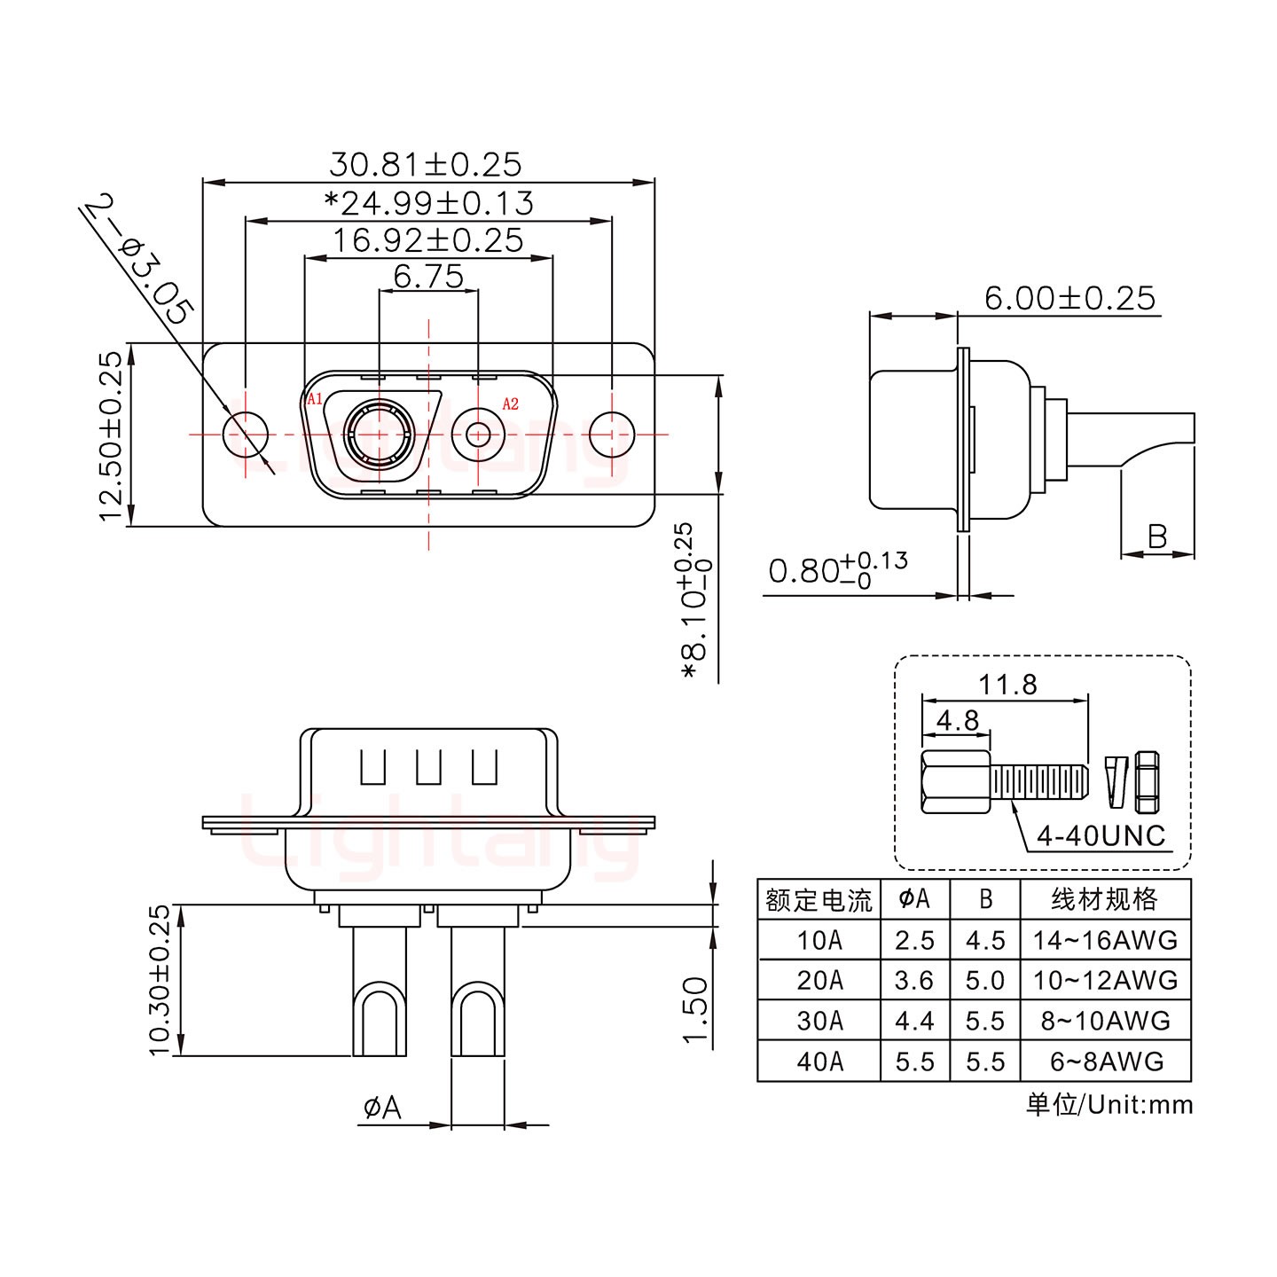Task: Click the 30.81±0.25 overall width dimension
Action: pyautogui.click(x=426, y=165)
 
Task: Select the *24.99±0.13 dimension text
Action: pyautogui.click(x=429, y=204)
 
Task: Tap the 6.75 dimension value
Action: pyautogui.click(x=428, y=278)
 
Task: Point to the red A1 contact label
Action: pyautogui.click(x=315, y=400)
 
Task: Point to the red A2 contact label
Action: pyautogui.click(x=511, y=404)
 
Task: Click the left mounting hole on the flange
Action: pyautogui.click(x=246, y=435)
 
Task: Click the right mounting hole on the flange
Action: pyautogui.click(x=612, y=435)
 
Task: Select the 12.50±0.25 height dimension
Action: pyautogui.click(x=111, y=436)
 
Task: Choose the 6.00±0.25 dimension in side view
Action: pyautogui.click(x=1069, y=299)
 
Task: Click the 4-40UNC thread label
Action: pyautogui.click(x=1101, y=835)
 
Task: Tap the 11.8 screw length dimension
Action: pyautogui.click(x=1007, y=685)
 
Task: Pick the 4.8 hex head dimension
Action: pyautogui.click(x=957, y=720)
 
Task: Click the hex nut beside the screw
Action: pyautogui.click(x=1147, y=782)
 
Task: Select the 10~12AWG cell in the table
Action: pyautogui.click(x=1105, y=980)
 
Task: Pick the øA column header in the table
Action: pyautogui.click(x=914, y=899)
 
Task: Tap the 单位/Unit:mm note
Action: pyautogui.click(x=1109, y=1105)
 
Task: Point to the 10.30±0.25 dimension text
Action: pyautogui.click(x=160, y=980)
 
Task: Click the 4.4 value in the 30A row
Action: pyautogui.click(x=914, y=1021)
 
